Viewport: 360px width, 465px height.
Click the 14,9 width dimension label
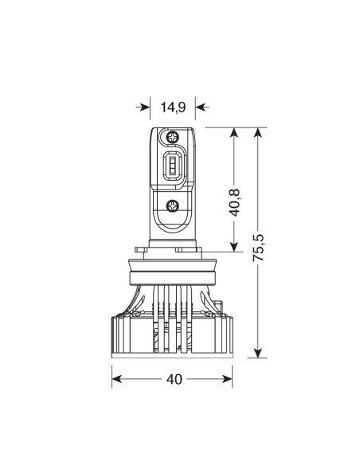[x=171, y=106]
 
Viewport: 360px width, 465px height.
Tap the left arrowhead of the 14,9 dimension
[x=146, y=106]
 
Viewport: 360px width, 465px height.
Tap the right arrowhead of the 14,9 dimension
[x=200, y=106]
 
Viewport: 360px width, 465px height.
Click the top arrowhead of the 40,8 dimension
[x=233, y=131]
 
